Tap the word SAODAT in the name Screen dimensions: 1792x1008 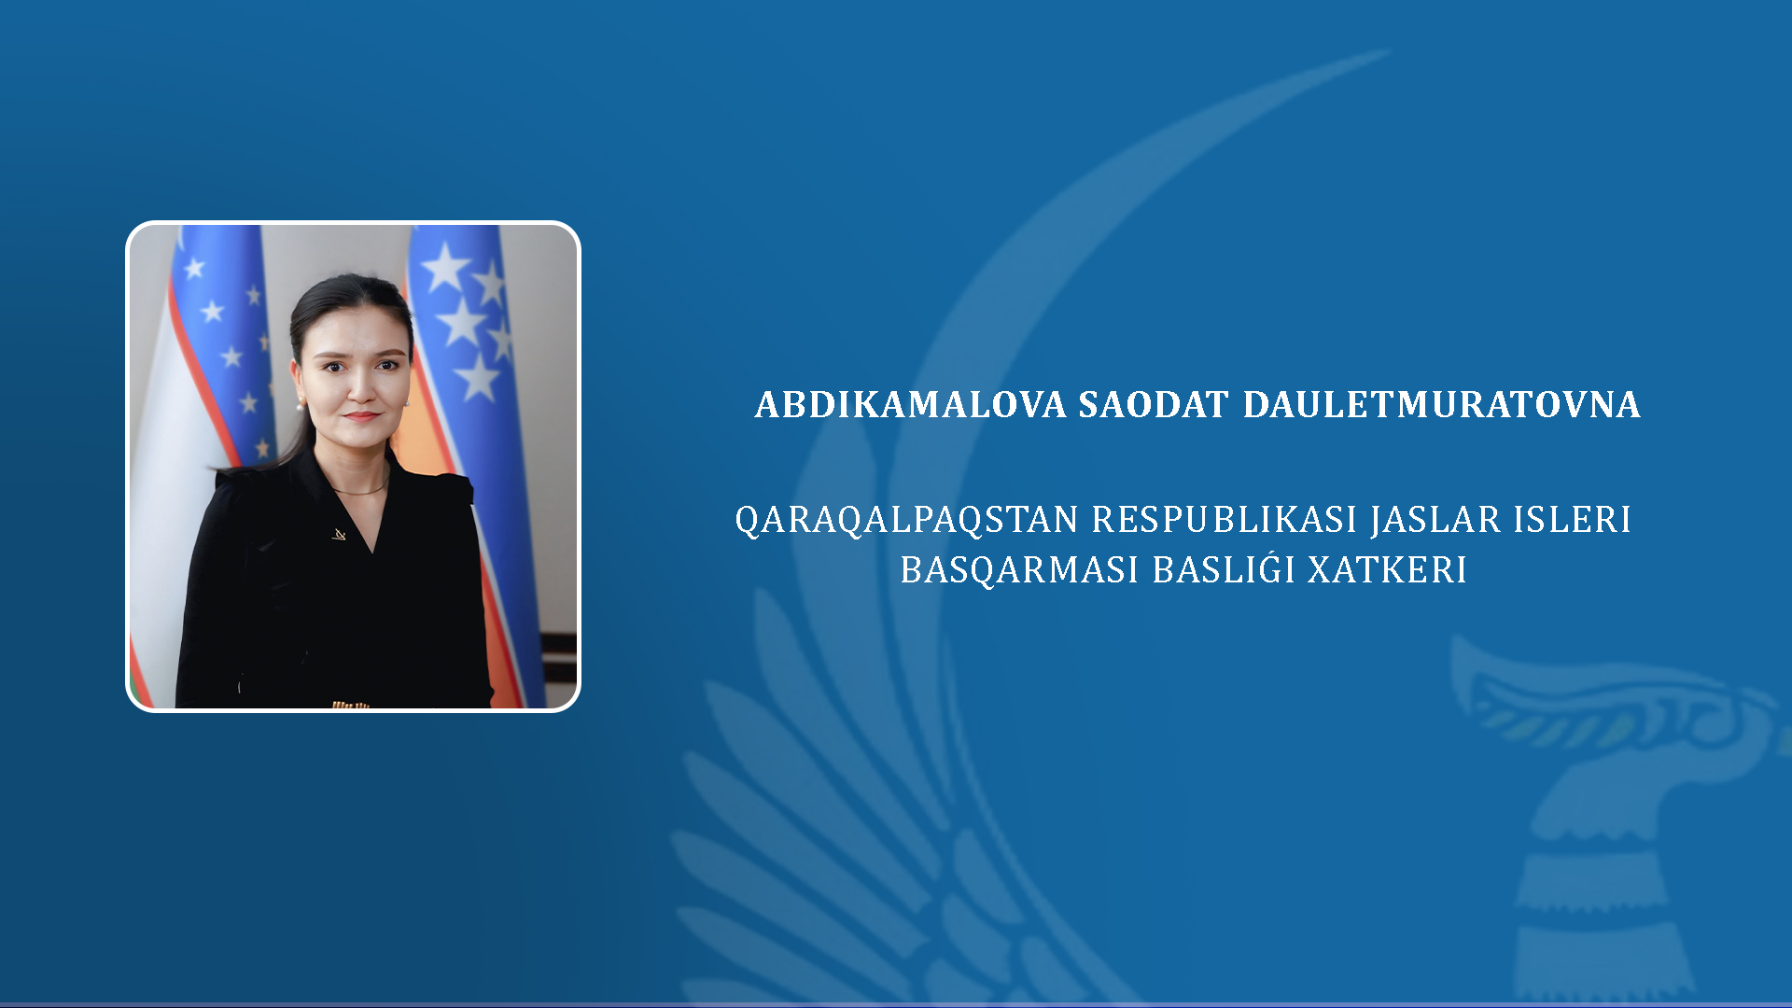click(1154, 405)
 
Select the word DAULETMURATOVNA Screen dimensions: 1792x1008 click(1441, 405)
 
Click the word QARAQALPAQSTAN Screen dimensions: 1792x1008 click(906, 520)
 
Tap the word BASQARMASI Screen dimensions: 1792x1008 click(1019, 570)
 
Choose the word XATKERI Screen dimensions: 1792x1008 click(1387, 569)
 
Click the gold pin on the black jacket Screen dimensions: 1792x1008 click(340, 534)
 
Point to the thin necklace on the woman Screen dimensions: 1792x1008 click(359, 489)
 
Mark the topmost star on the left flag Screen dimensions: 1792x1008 click(194, 269)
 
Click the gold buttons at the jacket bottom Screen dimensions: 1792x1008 click(351, 705)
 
